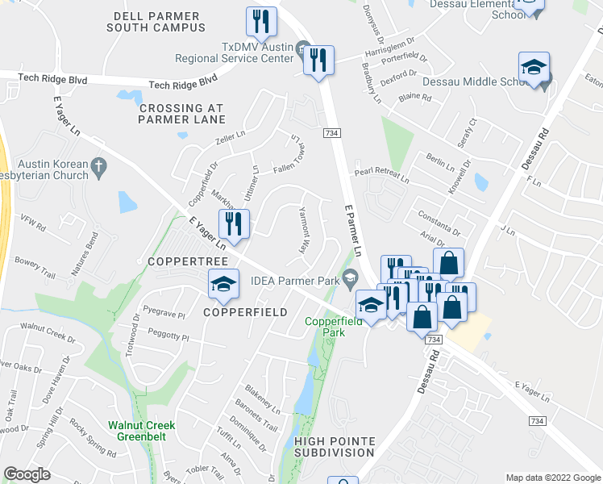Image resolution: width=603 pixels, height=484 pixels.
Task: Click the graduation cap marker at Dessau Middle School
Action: point(534,70)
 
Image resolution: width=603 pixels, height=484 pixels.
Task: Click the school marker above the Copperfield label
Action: point(223,283)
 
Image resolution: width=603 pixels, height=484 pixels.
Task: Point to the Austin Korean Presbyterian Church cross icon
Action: point(98,167)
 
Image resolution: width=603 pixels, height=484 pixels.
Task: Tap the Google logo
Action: point(27,474)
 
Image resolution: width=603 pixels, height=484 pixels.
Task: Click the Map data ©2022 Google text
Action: point(552,478)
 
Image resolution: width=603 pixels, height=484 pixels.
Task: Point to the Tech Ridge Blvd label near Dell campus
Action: point(184,82)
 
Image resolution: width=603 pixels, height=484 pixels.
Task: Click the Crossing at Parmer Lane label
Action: point(181,114)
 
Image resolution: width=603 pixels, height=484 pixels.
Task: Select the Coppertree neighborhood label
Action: point(178,262)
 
